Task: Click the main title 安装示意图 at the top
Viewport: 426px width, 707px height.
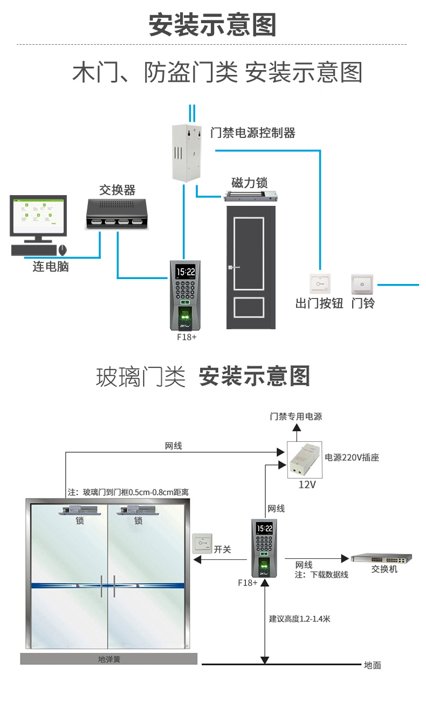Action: coord(212,25)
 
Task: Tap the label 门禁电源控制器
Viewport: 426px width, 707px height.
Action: coord(252,133)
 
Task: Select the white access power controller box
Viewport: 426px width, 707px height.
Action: coord(187,152)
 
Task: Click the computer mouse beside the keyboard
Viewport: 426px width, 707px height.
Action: coord(63,250)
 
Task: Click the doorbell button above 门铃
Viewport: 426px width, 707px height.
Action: coord(362,283)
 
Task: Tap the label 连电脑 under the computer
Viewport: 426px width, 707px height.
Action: coord(51,267)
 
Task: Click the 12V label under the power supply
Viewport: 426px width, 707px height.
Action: coord(307,484)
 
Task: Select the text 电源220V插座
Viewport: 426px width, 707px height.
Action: coord(352,458)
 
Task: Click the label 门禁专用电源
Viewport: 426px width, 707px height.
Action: coord(296,417)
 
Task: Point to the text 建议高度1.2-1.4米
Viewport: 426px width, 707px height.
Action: coord(300,619)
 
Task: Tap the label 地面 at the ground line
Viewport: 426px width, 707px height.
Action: coord(373,666)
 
